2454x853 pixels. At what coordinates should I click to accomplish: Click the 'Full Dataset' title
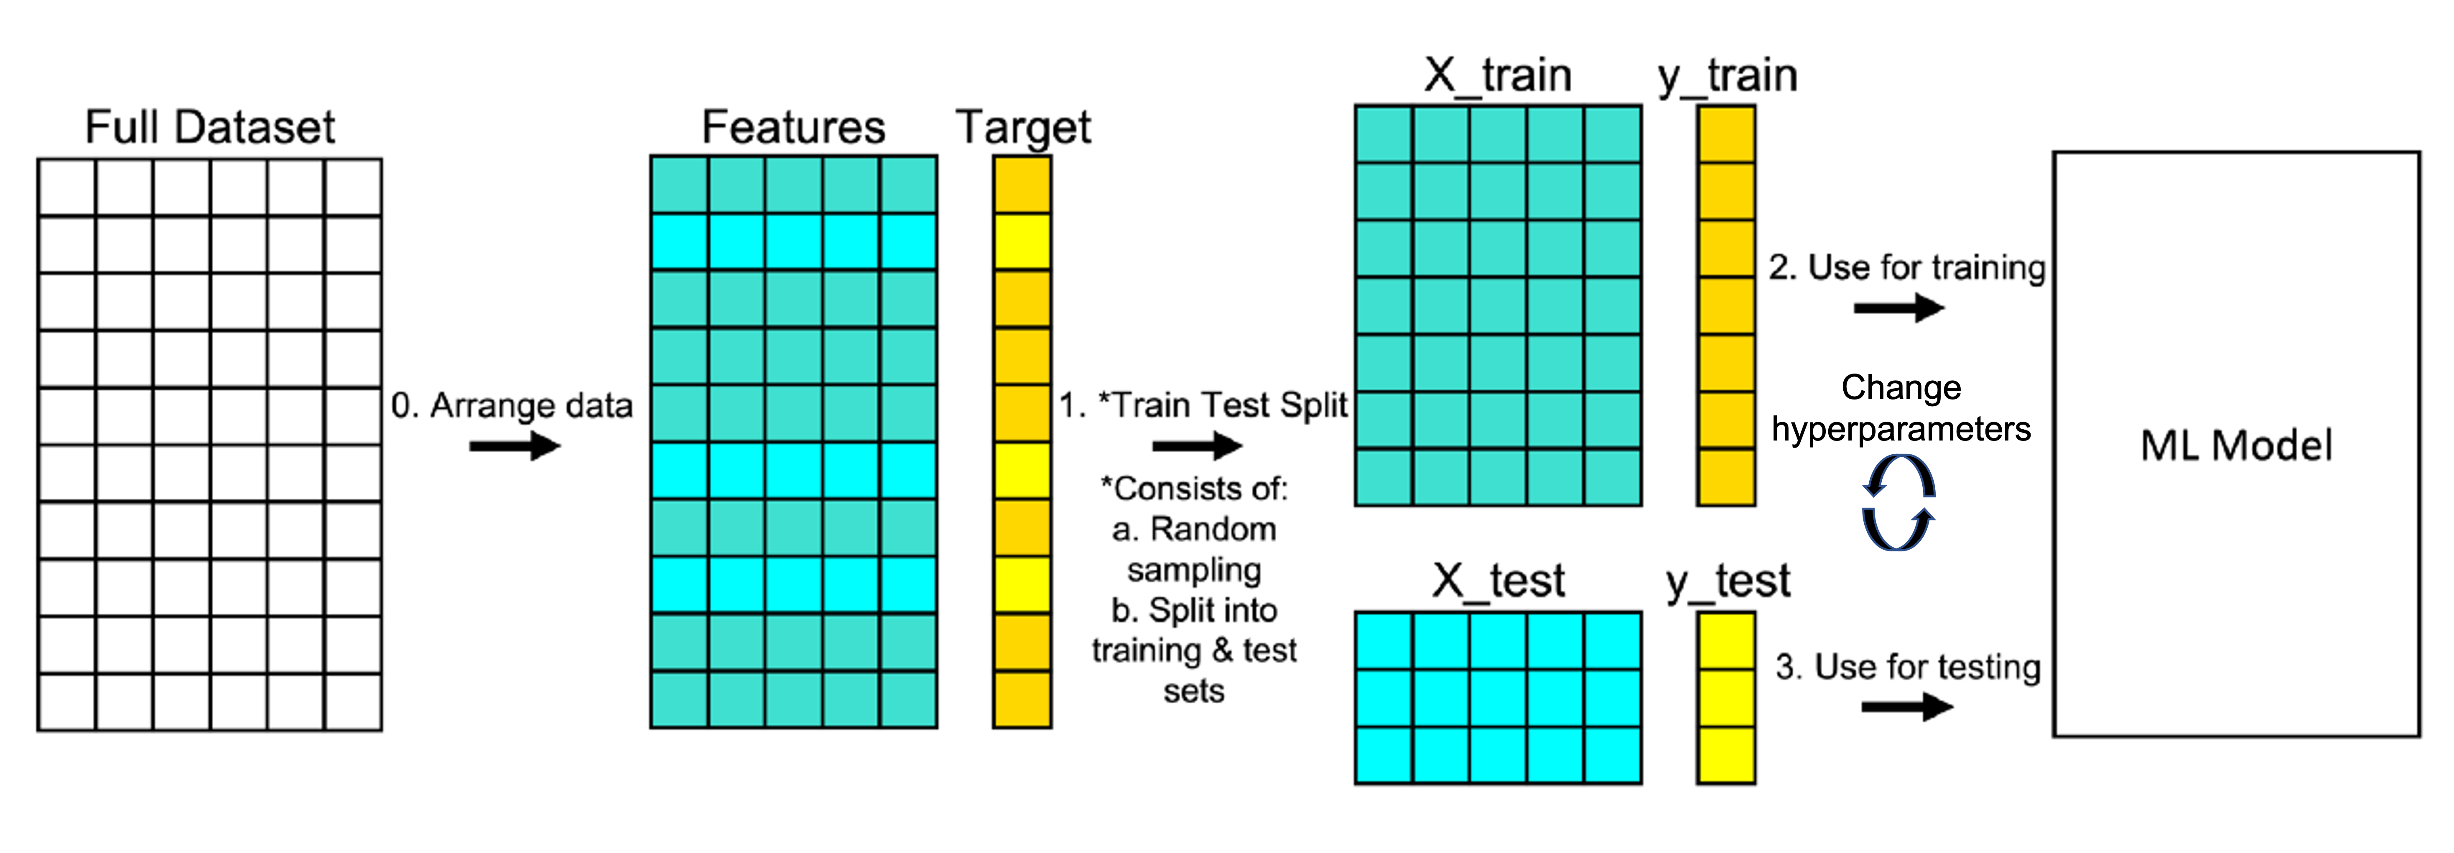tap(209, 127)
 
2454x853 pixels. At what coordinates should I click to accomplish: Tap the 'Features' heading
tap(794, 127)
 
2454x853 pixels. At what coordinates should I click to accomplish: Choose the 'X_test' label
tap(1498, 580)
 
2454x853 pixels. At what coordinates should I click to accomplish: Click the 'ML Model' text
tap(2236, 445)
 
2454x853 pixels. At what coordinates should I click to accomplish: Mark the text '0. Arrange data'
tap(512, 406)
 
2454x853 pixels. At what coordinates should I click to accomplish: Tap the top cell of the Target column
tap(1022, 185)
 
